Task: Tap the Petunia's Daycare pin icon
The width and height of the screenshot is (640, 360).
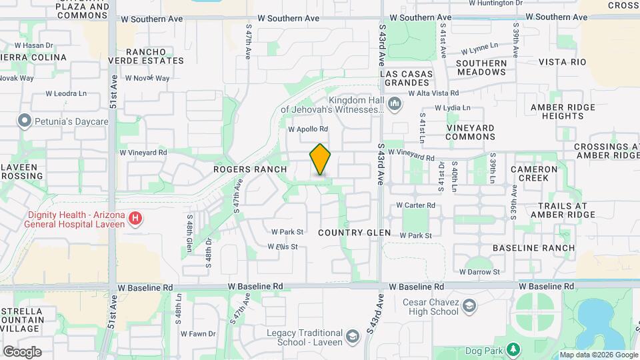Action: (x=25, y=121)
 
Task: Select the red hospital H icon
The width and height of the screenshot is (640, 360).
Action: (x=135, y=219)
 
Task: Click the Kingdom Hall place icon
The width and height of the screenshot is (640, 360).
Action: (x=395, y=104)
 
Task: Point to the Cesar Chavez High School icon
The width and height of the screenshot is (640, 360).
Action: (x=470, y=306)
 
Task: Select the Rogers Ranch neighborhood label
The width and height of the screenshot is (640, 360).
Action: (x=250, y=169)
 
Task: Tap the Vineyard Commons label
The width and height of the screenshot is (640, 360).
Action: (x=470, y=132)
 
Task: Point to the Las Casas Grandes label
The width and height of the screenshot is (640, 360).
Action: (x=407, y=78)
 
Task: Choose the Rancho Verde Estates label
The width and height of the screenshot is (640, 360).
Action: (x=155, y=56)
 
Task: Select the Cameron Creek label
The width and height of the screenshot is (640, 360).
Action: (x=534, y=174)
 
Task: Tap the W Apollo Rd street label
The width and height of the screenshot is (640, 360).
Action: (x=308, y=129)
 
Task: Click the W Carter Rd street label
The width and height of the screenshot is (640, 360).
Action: (x=415, y=205)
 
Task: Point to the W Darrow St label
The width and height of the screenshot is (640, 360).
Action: (x=479, y=272)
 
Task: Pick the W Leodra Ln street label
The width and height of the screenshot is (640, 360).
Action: (x=66, y=95)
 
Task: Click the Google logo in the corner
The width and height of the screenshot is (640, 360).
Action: (x=22, y=352)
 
